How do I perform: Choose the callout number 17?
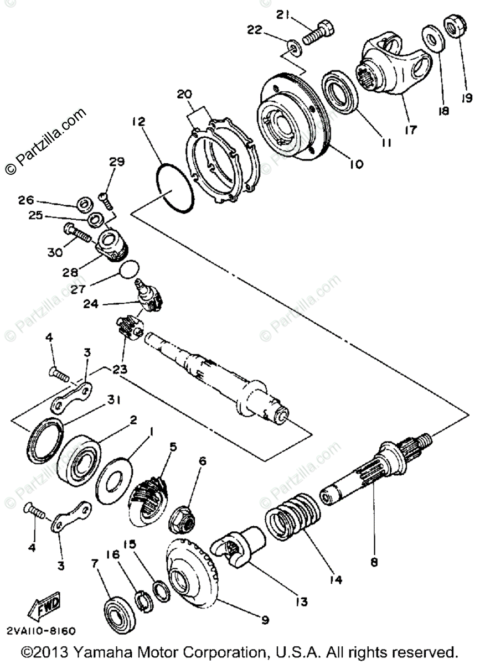(x=411, y=131)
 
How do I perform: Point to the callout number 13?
(x=301, y=601)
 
